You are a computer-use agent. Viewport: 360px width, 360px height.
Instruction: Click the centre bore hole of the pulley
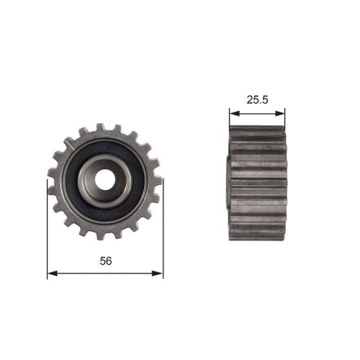click(105, 182)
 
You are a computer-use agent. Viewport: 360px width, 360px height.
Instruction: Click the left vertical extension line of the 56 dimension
click(48, 230)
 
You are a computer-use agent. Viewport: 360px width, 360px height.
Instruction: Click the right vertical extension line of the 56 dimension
click(163, 230)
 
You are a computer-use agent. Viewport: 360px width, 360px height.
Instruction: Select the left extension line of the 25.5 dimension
click(230, 119)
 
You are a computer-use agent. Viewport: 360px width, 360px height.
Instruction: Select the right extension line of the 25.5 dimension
click(285, 119)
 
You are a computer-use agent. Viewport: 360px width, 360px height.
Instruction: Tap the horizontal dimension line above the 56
click(105, 274)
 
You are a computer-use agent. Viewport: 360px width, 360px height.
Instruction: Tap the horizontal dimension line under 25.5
click(257, 112)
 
